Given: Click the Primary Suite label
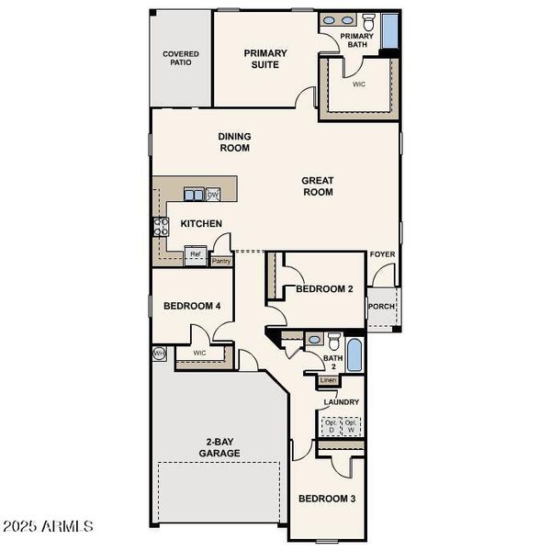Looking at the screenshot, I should tap(265, 59).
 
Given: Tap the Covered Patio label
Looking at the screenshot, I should tap(181, 60).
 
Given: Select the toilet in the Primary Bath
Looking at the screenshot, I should tap(367, 22).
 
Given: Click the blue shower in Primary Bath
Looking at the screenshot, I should tap(389, 31).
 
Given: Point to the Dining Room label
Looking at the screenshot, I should tap(234, 141).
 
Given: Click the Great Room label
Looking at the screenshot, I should tap(317, 186).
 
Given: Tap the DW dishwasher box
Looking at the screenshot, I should tap(213, 195).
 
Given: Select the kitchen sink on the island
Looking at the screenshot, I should tap(194, 195).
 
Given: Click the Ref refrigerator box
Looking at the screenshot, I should tap(196, 255).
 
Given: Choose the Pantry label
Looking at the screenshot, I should tap(221, 261).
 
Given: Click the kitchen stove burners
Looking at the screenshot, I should tap(161, 226).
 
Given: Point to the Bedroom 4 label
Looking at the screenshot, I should tap(192, 306).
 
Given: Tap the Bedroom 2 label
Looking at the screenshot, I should tap(324, 288).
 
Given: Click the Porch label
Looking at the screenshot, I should tap(382, 307).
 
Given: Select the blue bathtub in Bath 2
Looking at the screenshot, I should tap(355, 354).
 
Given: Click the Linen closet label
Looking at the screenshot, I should tap(330, 380).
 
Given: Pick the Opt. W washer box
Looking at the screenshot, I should tap(350, 426).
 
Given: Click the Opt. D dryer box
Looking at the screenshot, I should tap(329, 426).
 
